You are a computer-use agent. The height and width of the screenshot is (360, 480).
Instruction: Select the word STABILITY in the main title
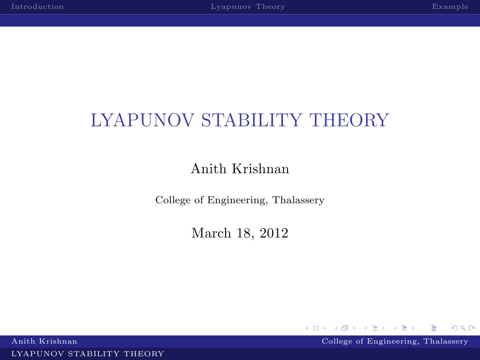(x=252, y=120)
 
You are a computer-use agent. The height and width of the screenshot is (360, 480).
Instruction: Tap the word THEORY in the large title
(x=349, y=120)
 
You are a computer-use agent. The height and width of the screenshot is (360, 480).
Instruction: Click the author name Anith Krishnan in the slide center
(x=240, y=169)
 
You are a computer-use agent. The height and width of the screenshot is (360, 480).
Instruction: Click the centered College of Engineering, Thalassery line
(x=240, y=200)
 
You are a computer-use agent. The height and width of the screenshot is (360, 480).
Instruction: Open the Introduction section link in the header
(x=38, y=7)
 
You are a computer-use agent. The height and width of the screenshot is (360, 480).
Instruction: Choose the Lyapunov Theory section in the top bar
(x=248, y=7)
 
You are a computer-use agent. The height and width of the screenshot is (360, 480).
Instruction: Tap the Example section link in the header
(x=450, y=7)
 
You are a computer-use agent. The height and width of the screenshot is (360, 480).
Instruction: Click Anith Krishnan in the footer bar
(x=44, y=341)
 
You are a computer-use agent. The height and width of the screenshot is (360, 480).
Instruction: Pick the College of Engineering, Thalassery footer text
(x=395, y=341)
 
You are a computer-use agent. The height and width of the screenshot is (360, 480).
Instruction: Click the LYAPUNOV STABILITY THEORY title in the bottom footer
(x=88, y=354)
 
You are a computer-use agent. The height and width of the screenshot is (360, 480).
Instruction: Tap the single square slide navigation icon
(x=316, y=328)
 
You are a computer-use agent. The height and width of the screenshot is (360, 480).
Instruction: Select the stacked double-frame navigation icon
(x=345, y=328)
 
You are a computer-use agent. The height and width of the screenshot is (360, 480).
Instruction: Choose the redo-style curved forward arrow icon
(x=472, y=328)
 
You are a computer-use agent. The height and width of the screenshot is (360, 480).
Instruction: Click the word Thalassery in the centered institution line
(x=298, y=200)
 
